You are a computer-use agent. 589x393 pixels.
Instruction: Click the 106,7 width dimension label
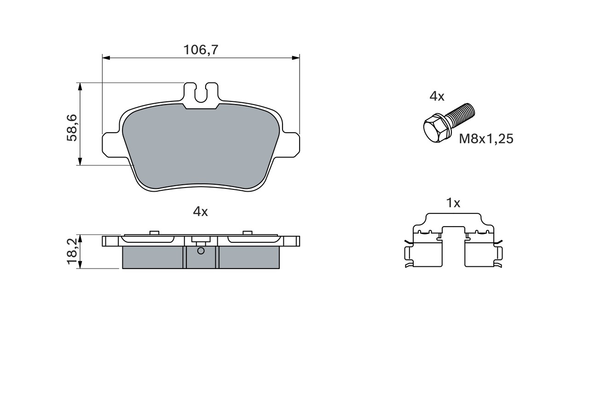201,50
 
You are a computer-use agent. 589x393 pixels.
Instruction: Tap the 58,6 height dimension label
72,128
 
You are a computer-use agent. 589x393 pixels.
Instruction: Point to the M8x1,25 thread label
486,139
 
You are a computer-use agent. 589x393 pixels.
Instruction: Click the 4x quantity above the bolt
437,97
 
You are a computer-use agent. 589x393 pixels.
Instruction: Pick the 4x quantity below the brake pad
200,211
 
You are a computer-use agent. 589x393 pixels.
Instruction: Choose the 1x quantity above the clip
453,203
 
